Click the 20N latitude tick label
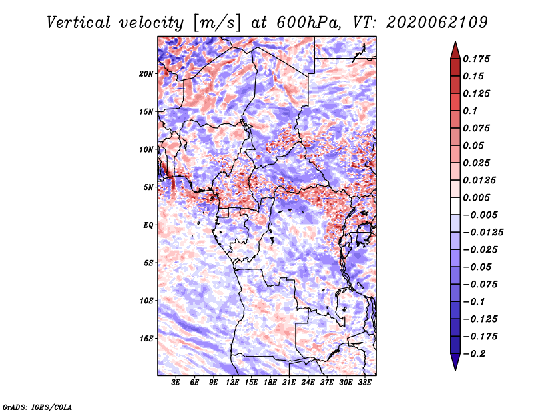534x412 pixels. pyautogui.click(x=146, y=74)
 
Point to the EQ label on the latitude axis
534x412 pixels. pyautogui.click(x=148, y=225)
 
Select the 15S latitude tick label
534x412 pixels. pyautogui.click(x=146, y=339)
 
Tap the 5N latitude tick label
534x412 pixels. pyautogui.click(x=148, y=187)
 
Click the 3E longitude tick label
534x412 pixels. pyautogui.click(x=176, y=382)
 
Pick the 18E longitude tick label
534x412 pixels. pyautogui.click(x=270, y=382)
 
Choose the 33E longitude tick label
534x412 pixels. pyautogui.click(x=364, y=382)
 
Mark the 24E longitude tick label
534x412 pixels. pyautogui.click(x=308, y=382)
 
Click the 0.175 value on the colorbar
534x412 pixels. pyautogui.click(x=477, y=59)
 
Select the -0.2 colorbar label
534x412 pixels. pyautogui.click(x=475, y=354)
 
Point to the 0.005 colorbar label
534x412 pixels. pyautogui.click(x=477, y=197)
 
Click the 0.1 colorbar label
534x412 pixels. pyautogui.click(x=471, y=111)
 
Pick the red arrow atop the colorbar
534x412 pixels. pyautogui.click(x=455, y=50)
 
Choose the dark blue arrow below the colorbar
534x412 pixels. pyautogui.click(x=455, y=362)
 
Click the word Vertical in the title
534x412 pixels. pyautogui.click(x=79, y=23)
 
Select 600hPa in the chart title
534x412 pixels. pyautogui.click(x=308, y=23)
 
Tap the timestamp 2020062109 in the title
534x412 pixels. pyautogui.click(x=437, y=23)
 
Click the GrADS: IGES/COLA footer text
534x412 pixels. pyautogui.click(x=37, y=407)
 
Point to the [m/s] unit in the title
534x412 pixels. pyautogui.click(x=217, y=23)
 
